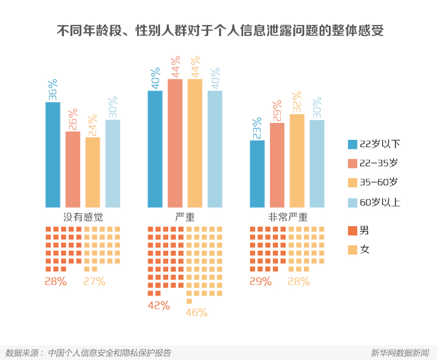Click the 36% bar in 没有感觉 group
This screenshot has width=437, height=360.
[x=52, y=155]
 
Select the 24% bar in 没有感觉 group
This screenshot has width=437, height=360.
[x=93, y=172]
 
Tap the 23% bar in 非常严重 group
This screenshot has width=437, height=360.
[x=257, y=174]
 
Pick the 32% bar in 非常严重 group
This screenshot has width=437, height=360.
[x=297, y=161]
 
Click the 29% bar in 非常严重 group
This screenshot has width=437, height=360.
[x=277, y=165]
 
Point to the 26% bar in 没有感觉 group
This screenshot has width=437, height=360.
[x=73, y=169]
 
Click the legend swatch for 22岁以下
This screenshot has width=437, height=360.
[x=352, y=144]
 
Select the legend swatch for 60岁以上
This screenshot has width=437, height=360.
[x=352, y=203]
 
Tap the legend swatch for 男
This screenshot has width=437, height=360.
[x=352, y=231]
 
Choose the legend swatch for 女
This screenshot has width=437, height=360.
[x=352, y=250]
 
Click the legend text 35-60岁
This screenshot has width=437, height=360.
[x=379, y=183]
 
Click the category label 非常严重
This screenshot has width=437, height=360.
[x=287, y=217]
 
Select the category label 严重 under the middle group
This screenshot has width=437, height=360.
[x=185, y=217]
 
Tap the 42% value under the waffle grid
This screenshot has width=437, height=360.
[x=159, y=306]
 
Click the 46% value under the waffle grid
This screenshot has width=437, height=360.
[x=197, y=313]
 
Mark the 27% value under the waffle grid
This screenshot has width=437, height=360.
[x=95, y=282]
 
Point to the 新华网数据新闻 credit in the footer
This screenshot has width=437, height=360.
[x=400, y=353]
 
